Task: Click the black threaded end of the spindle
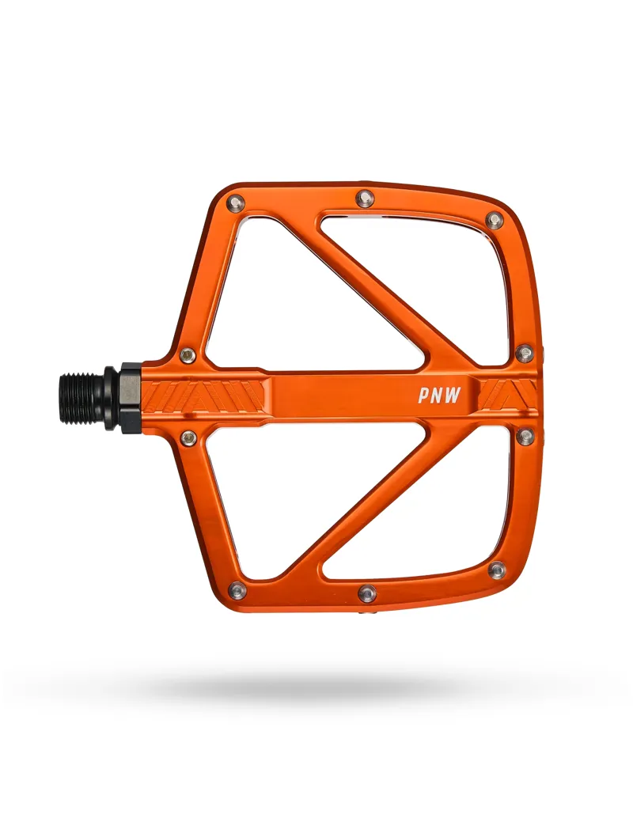coord(81,396)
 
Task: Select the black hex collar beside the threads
coord(129,397)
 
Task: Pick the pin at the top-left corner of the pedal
coord(235,203)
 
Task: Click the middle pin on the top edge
coord(365,198)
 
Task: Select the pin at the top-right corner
coord(495,220)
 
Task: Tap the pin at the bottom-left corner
coord(237,590)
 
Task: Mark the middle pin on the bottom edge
coord(366,593)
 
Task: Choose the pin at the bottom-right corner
coord(497,570)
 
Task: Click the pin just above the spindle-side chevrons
coord(188,355)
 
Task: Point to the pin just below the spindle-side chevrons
coord(188,437)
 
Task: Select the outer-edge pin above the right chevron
coord(524,353)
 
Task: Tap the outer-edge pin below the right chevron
coord(525,436)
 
